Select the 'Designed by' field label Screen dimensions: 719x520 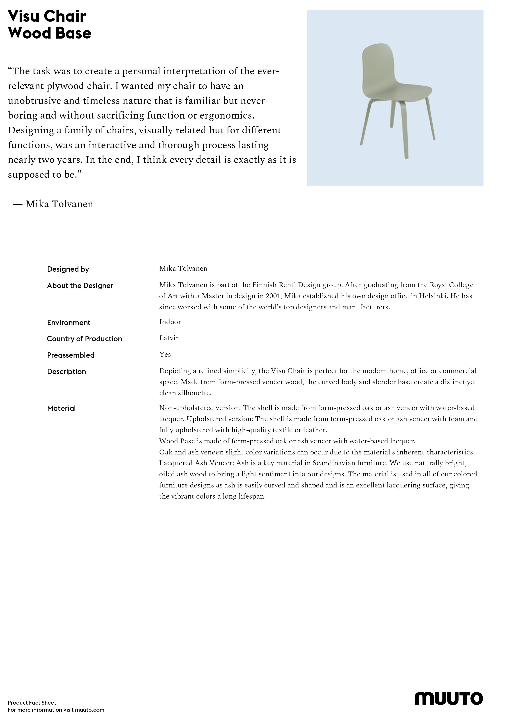tap(68, 269)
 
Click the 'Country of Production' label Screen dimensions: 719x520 tap(84, 339)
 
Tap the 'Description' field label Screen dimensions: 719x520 tap(66, 372)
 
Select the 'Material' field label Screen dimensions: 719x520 tap(61, 409)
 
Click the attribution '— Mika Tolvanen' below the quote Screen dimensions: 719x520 tap(53, 204)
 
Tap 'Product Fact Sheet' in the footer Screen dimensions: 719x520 tap(32, 703)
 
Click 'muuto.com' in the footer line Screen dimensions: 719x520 tap(90, 710)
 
